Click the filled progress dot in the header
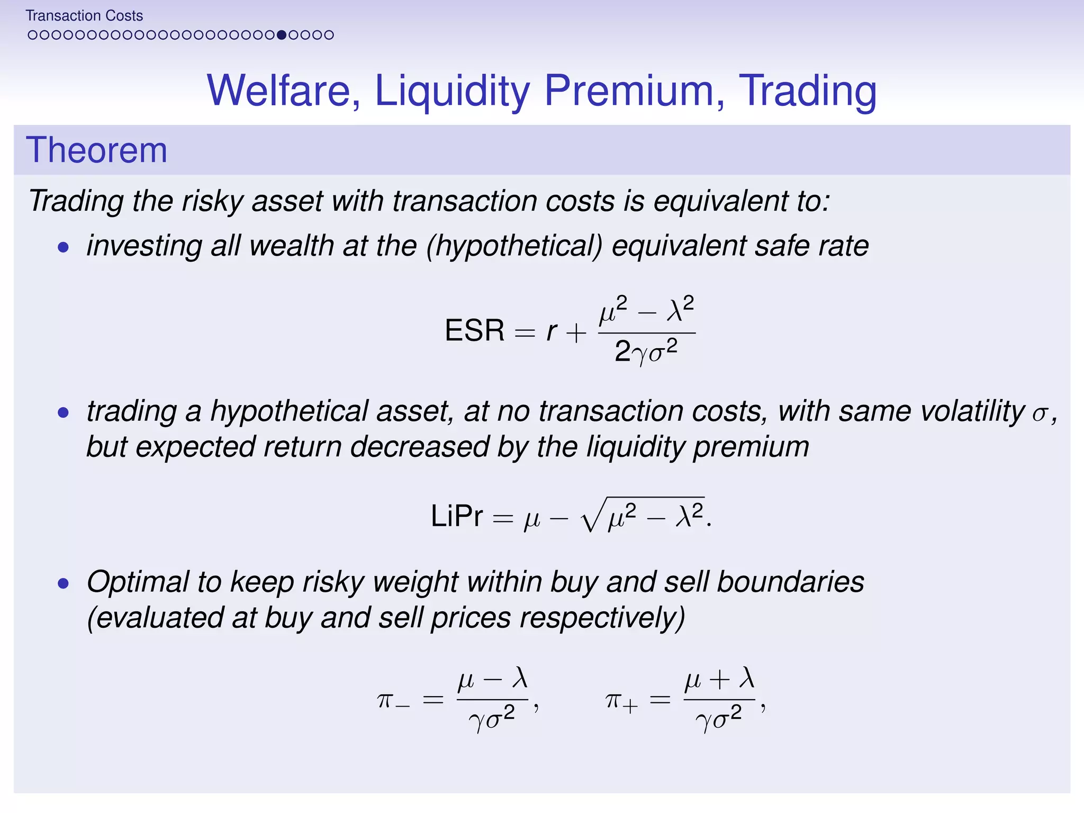pyautogui.click(x=282, y=35)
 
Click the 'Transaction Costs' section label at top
pyautogui.click(x=84, y=16)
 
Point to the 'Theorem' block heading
pyautogui.click(x=96, y=150)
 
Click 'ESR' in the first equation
pyautogui.click(x=474, y=331)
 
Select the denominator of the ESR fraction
pyautogui.click(x=646, y=351)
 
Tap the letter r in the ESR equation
pyautogui.click(x=552, y=332)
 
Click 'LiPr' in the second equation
pyautogui.click(x=457, y=516)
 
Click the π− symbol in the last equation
pyautogui.click(x=393, y=701)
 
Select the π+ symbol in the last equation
pyautogui.click(x=621, y=701)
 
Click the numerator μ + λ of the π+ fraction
pyautogui.click(x=719, y=679)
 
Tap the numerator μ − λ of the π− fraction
pyautogui.click(x=492, y=679)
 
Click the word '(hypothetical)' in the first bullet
pyautogui.click(x=514, y=247)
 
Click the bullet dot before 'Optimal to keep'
pyautogui.click(x=64, y=584)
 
